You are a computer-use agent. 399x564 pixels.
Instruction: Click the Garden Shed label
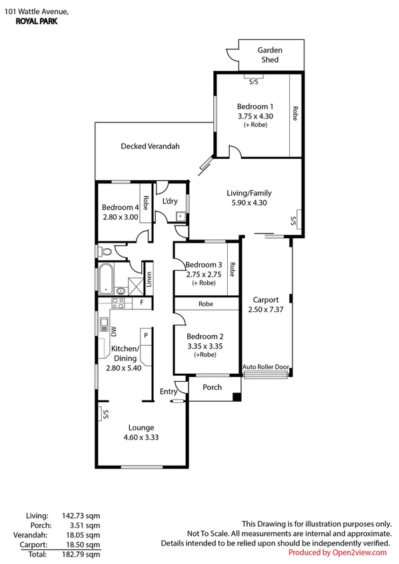coord(270,55)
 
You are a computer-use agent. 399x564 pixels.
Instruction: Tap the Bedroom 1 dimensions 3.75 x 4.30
coord(255,116)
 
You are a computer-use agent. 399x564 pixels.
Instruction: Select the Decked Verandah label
coord(150,146)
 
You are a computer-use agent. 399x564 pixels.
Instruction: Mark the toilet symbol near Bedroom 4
coord(103,252)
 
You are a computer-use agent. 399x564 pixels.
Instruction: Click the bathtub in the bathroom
coord(107,279)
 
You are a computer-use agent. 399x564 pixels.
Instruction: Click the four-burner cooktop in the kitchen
coord(118,303)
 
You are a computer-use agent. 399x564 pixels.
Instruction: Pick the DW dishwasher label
coord(113,331)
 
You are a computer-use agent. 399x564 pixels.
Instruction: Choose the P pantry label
coord(145,336)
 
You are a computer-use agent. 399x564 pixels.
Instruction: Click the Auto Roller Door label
coord(266,366)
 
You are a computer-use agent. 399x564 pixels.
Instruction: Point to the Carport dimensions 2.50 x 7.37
coord(266,309)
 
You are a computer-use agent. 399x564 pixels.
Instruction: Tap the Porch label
coord(212,387)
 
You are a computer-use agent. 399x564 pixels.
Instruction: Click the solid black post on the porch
coord(236,398)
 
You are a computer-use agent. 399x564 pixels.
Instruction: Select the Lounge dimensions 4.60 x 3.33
coord(141,437)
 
